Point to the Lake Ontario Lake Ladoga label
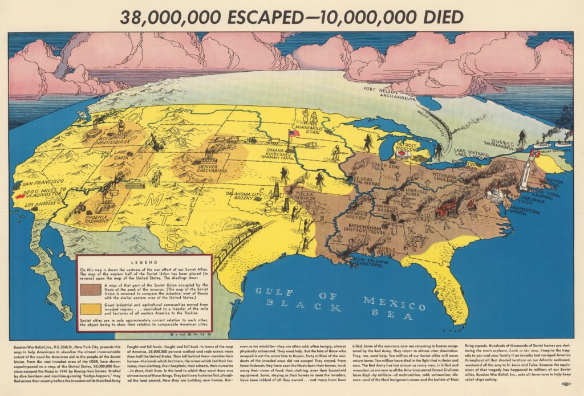click(x=477, y=154)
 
